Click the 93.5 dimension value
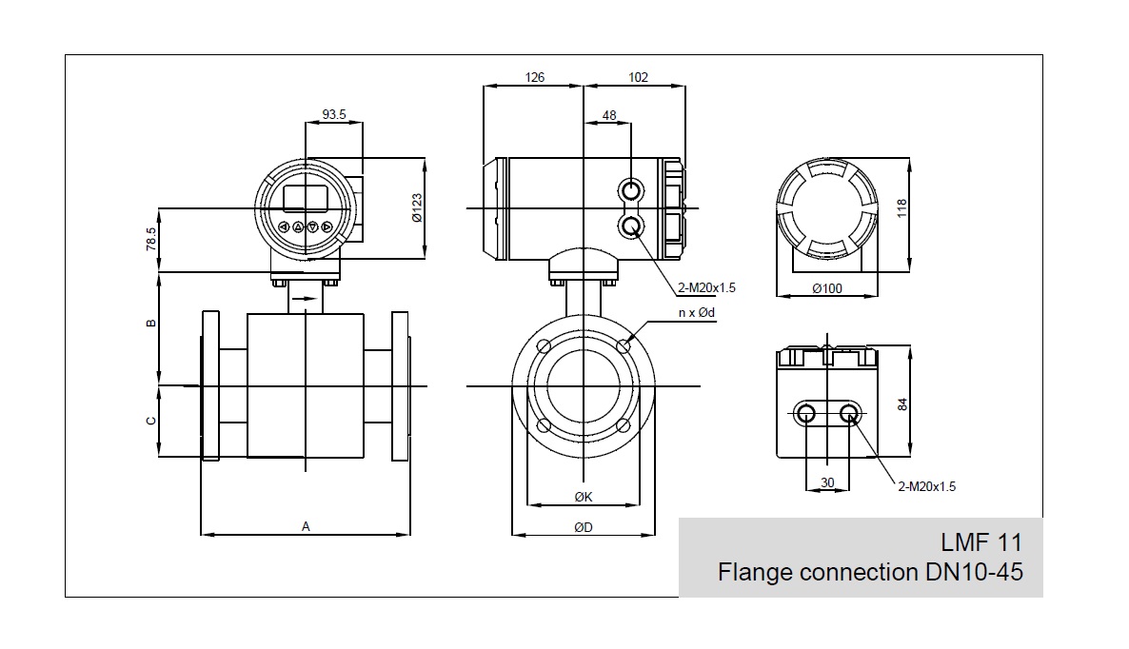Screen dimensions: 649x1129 [334, 114]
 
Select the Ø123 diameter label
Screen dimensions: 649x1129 [417, 207]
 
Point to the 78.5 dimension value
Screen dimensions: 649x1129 [150, 239]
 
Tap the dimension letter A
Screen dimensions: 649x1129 [306, 525]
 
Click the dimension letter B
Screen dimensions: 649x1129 [150, 324]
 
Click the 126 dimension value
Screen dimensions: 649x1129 [534, 77]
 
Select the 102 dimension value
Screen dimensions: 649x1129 [638, 77]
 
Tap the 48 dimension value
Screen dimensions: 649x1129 [609, 115]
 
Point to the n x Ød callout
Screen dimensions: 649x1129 [696, 313]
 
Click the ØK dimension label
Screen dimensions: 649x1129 [584, 497]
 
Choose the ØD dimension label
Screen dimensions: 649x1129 [584, 527]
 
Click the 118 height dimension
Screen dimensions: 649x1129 [902, 207]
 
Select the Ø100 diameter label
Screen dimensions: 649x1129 [827, 288]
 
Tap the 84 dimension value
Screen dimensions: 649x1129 [902, 403]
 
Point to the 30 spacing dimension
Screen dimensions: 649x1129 [827, 483]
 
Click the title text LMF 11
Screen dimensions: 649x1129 [980, 543]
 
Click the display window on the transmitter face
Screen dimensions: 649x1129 [306, 197]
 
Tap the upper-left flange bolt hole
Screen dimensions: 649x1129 [544, 345]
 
